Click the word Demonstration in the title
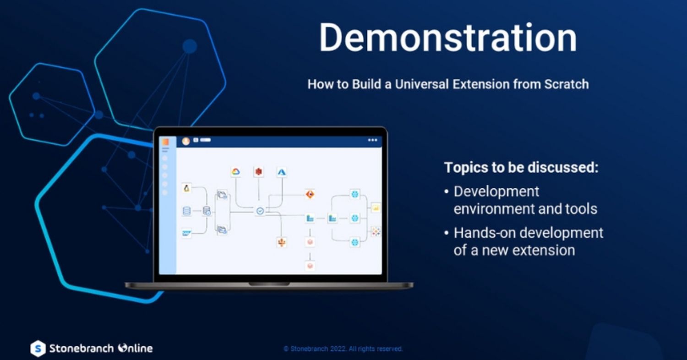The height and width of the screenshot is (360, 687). point(448,38)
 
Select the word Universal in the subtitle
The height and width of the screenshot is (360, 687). point(422,84)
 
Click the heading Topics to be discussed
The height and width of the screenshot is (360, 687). point(521,168)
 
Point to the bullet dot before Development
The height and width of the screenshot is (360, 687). point(447,192)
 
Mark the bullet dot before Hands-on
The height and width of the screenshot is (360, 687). point(447,233)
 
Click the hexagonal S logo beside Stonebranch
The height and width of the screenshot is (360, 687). point(38,349)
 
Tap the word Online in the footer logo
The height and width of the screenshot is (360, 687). point(136,348)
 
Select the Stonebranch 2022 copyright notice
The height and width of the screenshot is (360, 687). point(343,349)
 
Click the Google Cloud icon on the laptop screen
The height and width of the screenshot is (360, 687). point(235,172)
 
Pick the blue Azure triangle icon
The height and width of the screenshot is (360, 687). point(282,172)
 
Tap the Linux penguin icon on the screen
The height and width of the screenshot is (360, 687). point(186,188)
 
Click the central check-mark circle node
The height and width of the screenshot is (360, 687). point(260,211)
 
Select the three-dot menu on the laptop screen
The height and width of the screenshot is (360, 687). point(372,140)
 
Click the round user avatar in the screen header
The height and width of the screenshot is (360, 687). point(186,141)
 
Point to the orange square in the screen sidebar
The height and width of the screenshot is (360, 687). point(165,142)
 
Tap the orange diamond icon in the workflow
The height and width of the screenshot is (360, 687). point(310,194)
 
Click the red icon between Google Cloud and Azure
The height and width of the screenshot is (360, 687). point(259,172)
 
